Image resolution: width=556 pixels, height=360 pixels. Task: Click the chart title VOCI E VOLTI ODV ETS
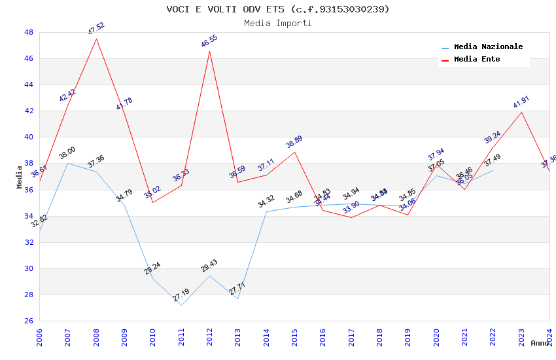278,9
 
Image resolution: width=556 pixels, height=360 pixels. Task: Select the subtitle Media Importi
278,23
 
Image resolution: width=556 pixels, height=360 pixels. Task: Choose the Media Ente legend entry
477,60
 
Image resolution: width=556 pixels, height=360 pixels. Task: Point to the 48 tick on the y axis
29,32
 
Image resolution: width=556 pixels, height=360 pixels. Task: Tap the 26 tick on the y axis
29,321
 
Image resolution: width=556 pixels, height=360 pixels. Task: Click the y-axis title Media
20,177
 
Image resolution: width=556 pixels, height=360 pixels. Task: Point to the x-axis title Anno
540,343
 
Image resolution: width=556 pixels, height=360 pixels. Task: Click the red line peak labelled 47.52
97,39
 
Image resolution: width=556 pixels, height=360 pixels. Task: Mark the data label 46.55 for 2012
209,41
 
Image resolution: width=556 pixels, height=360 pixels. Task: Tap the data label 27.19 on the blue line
181,296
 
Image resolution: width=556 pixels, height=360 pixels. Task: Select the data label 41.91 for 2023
521,102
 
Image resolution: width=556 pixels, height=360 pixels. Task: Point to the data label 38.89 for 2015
294,143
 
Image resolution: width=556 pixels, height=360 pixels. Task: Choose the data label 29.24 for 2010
152,268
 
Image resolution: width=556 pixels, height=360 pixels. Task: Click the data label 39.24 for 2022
493,137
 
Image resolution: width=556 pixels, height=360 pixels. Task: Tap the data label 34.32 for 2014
266,202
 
